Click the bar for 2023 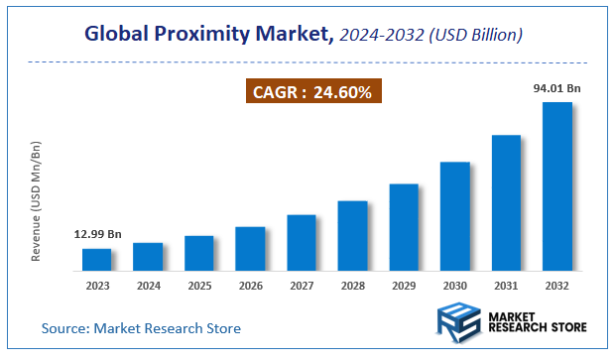[x=96, y=260]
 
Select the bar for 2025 [x=199, y=254]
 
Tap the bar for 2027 [x=302, y=243]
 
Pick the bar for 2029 [x=404, y=227]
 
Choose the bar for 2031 [x=506, y=203]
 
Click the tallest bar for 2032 [x=557, y=186]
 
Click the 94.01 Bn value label [x=556, y=88]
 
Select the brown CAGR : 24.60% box [x=312, y=93]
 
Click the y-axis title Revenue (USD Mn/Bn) [x=37, y=200]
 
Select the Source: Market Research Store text [x=141, y=328]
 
